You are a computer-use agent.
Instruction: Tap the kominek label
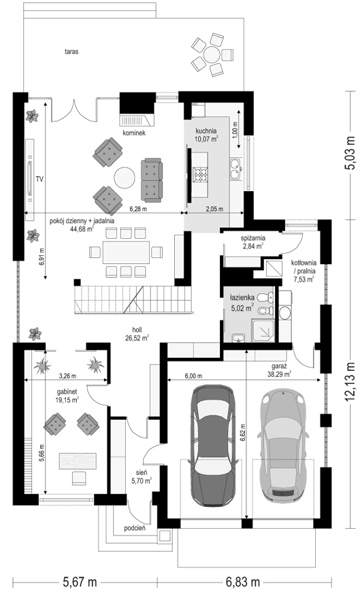(134, 133)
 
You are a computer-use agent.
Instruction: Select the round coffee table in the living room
(125, 178)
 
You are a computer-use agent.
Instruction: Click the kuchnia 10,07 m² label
(206, 135)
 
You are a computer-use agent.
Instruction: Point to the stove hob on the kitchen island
(200, 175)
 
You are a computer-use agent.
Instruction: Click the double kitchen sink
(235, 168)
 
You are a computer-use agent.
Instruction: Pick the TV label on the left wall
(39, 179)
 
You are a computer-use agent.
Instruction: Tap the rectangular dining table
(126, 252)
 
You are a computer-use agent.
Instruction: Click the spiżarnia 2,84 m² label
(252, 242)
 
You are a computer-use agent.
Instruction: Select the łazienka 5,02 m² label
(242, 303)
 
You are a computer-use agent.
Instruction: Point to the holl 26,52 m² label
(137, 333)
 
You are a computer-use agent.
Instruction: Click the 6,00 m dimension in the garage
(193, 376)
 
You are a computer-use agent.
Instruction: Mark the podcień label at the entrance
(135, 528)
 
